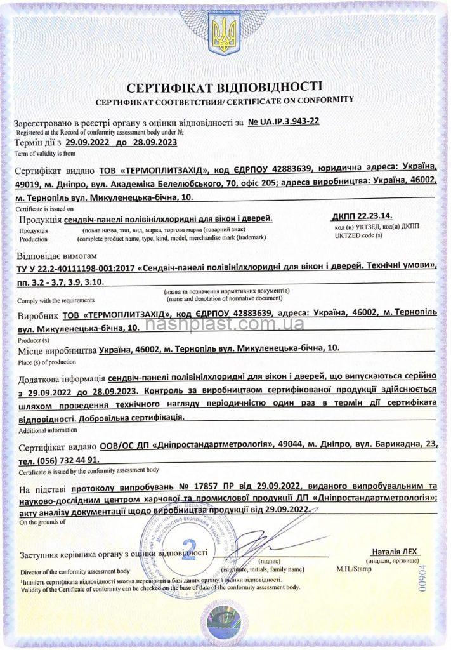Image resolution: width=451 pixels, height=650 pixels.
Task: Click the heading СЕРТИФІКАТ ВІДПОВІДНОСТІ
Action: coord(225,86)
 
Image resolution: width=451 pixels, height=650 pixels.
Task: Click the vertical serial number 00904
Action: coord(433,579)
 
